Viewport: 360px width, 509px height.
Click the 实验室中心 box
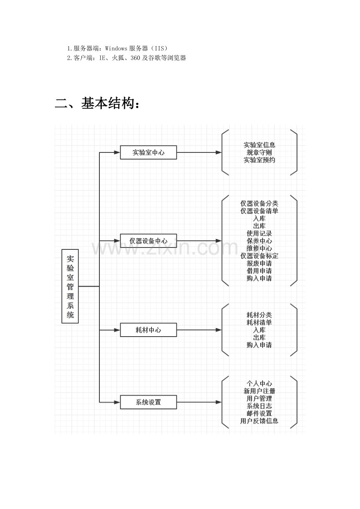[x=148, y=152]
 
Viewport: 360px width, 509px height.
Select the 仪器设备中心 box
[x=148, y=241]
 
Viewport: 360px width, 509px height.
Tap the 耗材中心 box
[x=148, y=330]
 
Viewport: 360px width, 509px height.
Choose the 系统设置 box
[x=148, y=402]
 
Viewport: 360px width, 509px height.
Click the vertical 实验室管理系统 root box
[x=70, y=286]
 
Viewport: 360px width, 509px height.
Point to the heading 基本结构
[x=97, y=103]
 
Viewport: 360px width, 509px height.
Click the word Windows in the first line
[x=116, y=48]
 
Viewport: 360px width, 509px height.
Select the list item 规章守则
[x=259, y=152]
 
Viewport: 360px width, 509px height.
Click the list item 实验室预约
[x=259, y=160]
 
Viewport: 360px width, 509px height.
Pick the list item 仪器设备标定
[x=259, y=256]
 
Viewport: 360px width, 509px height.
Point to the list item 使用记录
[x=259, y=233]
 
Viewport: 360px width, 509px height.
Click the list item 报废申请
[x=259, y=263]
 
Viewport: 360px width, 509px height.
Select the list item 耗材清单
[x=259, y=323]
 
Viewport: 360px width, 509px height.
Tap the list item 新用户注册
[x=259, y=391]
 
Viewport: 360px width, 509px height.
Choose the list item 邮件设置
[x=259, y=413]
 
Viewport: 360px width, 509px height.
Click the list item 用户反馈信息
[x=259, y=421]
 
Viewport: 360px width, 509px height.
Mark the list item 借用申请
[x=259, y=271]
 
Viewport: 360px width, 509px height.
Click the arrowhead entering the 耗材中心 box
[x=117, y=330]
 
